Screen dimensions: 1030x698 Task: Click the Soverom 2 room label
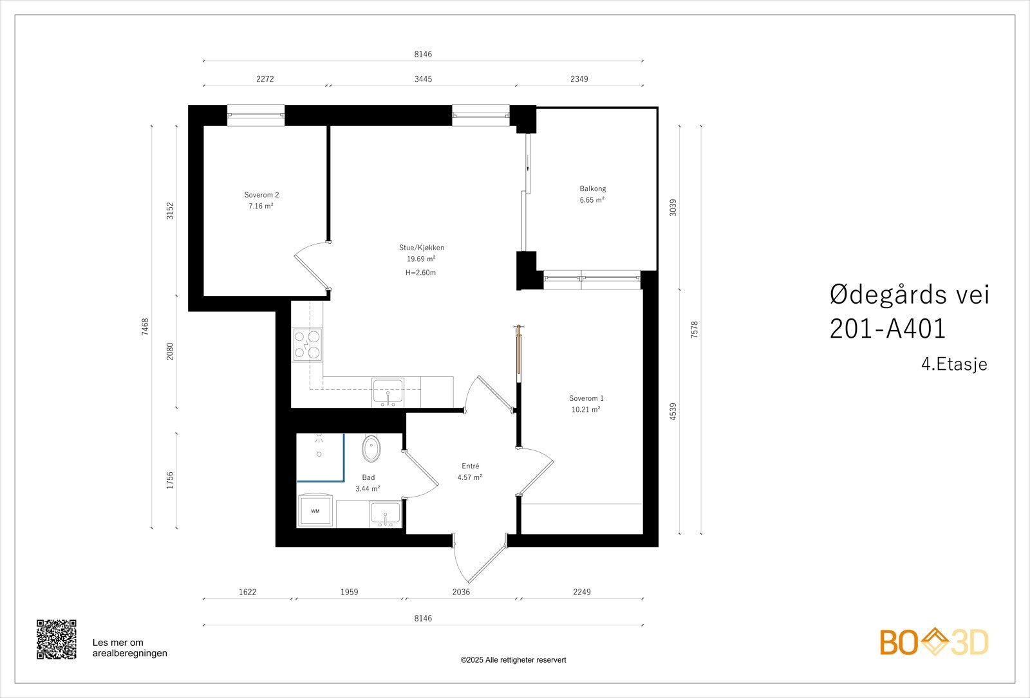coord(261,195)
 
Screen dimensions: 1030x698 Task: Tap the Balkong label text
coord(593,188)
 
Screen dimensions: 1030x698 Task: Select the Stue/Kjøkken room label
coord(422,248)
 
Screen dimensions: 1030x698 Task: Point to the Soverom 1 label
coord(586,398)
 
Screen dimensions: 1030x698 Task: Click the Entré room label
coord(471,466)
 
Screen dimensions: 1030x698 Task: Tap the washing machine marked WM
coord(315,511)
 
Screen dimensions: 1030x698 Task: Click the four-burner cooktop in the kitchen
coord(308,345)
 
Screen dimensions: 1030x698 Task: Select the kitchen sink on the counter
coord(388,392)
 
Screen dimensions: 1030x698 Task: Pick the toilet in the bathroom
coord(371,448)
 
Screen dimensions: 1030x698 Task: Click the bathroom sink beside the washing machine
coord(386,514)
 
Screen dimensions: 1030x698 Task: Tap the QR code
coord(57,639)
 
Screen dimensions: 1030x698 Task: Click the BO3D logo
coord(934,641)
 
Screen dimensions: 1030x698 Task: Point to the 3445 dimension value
coord(423,79)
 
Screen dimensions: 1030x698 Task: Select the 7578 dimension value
coord(695,330)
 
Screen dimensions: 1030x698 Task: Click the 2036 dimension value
coord(461,592)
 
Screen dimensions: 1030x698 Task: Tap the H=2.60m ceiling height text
coord(420,273)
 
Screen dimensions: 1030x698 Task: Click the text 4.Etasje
coord(954,364)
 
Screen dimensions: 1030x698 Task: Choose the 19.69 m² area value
coord(421,259)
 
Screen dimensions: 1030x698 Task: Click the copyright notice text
coord(513,660)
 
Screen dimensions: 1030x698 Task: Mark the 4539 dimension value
coord(673,411)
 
